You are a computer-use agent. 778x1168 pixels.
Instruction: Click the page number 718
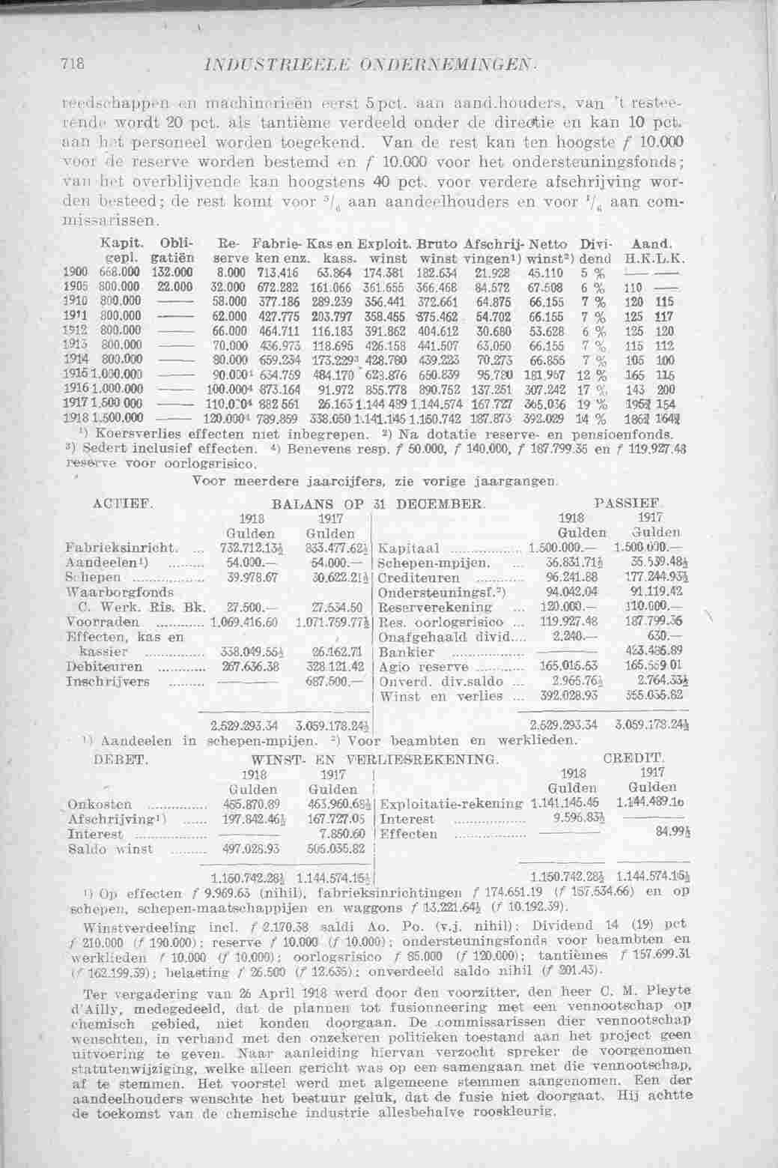pyautogui.click(x=72, y=63)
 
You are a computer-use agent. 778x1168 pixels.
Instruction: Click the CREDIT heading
pyautogui.click(x=639, y=759)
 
